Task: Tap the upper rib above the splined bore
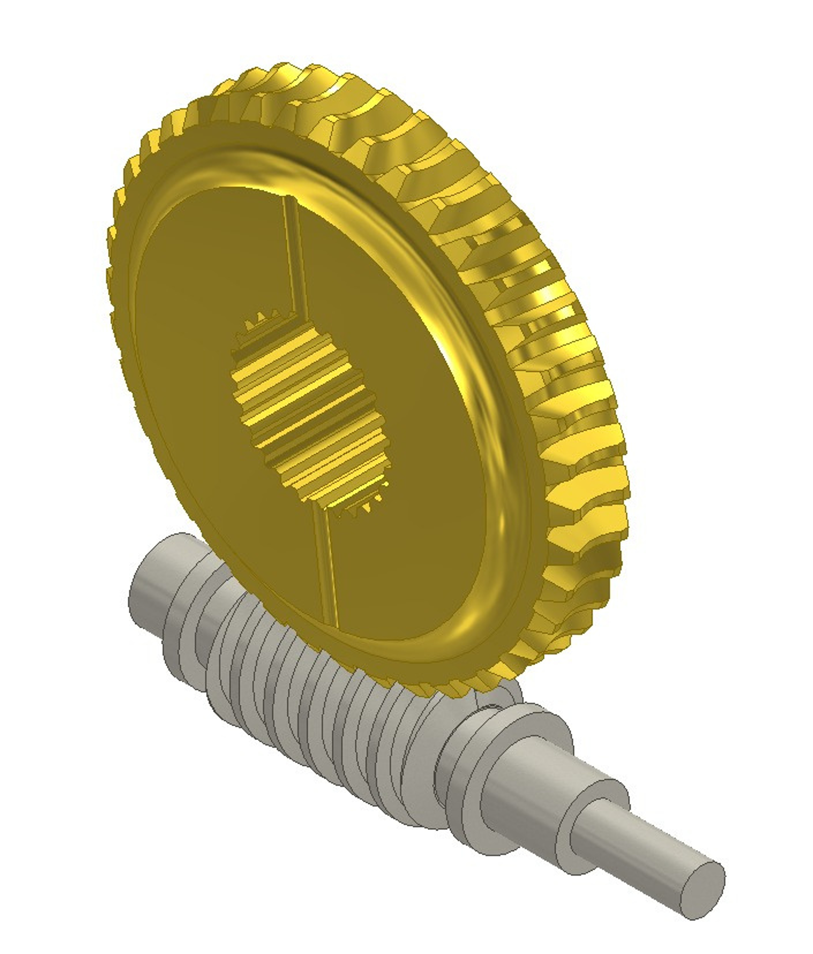[x=292, y=257]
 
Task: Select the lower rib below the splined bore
[x=327, y=568]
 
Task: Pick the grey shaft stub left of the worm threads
[x=155, y=576]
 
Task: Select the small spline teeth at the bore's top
[x=263, y=322]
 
